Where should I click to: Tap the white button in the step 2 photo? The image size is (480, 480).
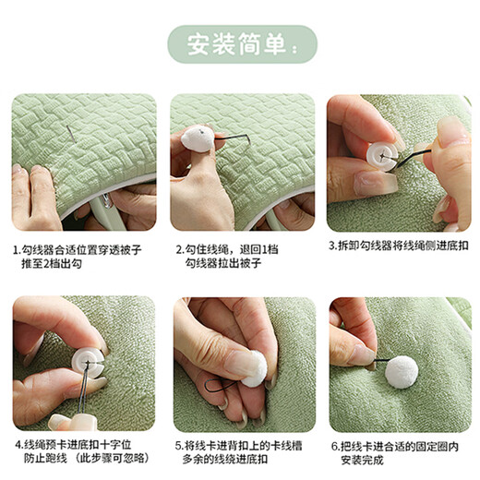point(198,138)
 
